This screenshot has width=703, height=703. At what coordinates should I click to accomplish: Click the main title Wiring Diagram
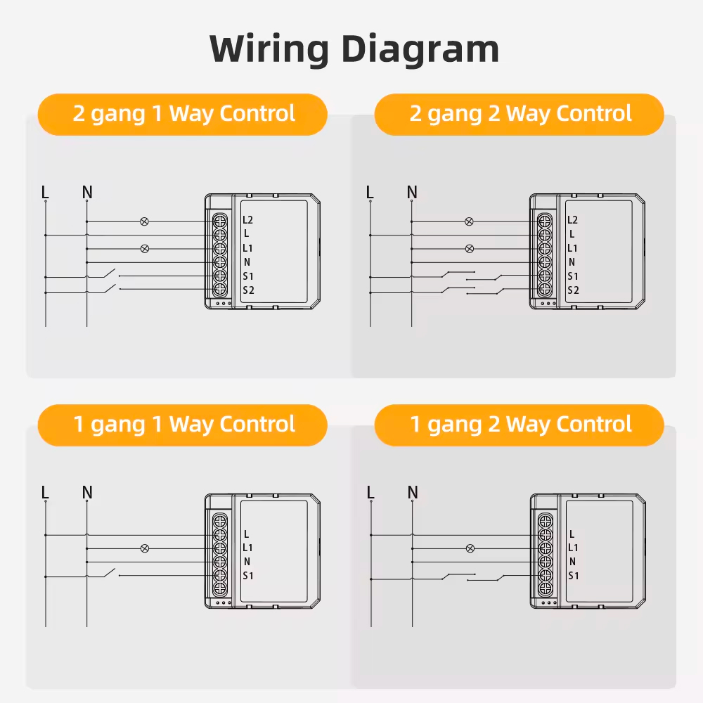click(x=354, y=49)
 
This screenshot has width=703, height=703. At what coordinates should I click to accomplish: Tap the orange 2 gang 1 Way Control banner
click(x=183, y=115)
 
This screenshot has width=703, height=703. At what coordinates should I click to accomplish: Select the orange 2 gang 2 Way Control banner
click(x=520, y=115)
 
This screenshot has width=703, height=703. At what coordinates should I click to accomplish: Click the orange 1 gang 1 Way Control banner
click(x=183, y=425)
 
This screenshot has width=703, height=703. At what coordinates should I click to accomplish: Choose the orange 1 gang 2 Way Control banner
click(x=520, y=425)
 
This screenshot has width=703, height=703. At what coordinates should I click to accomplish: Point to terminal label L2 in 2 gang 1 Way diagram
click(x=247, y=219)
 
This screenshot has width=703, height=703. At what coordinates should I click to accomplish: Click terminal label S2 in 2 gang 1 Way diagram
click(x=248, y=290)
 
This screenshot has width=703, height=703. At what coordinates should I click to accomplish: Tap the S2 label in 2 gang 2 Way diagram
click(x=573, y=290)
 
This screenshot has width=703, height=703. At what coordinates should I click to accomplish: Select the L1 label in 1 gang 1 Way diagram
click(x=247, y=548)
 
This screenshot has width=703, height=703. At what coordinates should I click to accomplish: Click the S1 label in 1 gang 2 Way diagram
click(x=574, y=576)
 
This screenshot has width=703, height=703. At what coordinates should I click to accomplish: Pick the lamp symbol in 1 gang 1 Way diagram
click(x=145, y=548)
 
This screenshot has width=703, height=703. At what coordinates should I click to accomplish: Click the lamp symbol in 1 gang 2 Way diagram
click(x=470, y=548)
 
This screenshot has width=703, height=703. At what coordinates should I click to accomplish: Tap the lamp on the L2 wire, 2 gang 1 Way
click(x=144, y=221)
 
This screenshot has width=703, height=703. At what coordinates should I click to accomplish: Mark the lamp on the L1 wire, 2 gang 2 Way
click(x=470, y=248)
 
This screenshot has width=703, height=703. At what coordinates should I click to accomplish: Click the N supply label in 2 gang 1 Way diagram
click(x=87, y=193)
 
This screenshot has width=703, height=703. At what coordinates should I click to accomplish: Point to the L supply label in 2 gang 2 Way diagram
click(x=370, y=193)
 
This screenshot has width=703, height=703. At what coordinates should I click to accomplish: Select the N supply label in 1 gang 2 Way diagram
click(x=413, y=492)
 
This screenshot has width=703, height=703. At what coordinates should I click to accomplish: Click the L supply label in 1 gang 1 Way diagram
click(x=45, y=492)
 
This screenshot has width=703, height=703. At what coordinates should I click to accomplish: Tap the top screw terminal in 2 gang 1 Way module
click(x=219, y=221)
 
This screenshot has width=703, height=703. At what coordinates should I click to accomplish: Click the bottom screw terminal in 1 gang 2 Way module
click(x=546, y=588)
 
